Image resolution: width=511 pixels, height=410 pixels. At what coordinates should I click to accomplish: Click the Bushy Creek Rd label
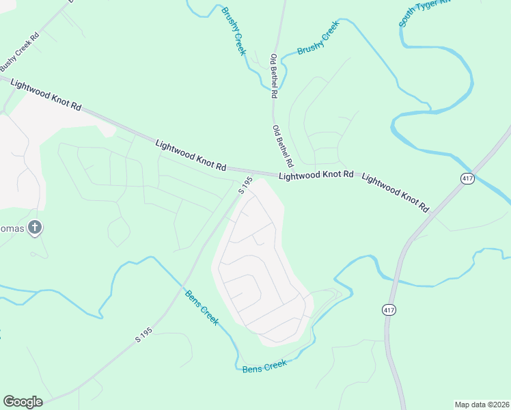(20, 50)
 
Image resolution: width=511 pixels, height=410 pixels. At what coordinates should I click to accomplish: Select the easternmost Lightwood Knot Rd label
(396, 192)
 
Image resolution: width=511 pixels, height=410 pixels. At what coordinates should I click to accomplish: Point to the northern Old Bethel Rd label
(275, 74)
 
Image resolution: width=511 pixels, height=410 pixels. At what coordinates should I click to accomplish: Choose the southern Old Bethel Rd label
(282, 146)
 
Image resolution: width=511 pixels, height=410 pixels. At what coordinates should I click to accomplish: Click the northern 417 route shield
(467, 178)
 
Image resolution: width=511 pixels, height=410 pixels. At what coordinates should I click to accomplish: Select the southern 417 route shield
(389, 310)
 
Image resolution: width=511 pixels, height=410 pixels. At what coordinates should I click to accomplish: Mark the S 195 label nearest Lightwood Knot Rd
(246, 185)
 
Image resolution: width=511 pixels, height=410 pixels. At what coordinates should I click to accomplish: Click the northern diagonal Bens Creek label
(202, 307)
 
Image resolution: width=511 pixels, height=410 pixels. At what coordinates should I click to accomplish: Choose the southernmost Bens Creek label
(264, 366)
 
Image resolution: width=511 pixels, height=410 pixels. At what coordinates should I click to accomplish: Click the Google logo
(23, 402)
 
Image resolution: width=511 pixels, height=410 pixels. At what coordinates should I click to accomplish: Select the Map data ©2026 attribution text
(482, 405)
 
